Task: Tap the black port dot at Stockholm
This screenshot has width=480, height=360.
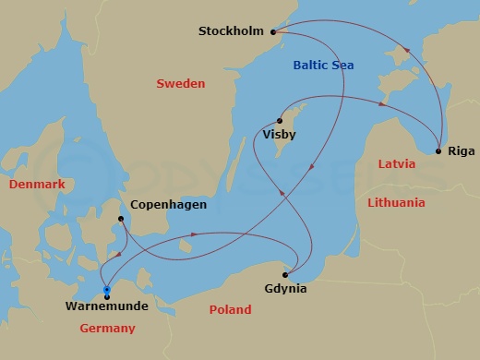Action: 276,31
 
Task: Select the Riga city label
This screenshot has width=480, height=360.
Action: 461,150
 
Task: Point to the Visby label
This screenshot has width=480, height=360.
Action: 280,135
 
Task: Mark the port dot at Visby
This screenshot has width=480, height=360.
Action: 278,118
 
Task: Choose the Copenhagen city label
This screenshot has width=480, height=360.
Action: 168,205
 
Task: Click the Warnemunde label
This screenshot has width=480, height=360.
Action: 108,306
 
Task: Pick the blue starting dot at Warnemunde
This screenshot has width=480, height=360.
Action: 107,290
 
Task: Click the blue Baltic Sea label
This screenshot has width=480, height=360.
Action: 323,65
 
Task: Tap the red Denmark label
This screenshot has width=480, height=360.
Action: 37,185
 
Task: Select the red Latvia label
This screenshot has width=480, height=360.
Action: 396,163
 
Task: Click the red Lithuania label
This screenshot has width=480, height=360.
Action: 396,202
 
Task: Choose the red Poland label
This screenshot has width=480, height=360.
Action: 230,310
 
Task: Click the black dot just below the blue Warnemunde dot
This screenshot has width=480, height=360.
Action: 107,296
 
